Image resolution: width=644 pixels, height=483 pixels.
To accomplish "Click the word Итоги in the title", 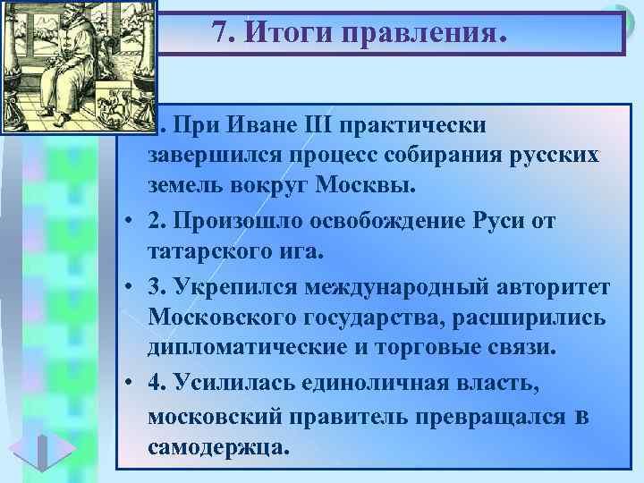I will point(286,33).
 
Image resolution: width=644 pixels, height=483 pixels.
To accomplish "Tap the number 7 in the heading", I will point(221,33).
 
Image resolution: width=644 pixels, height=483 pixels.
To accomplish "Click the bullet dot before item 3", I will point(131,285).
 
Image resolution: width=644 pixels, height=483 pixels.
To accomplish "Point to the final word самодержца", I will point(219,446).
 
